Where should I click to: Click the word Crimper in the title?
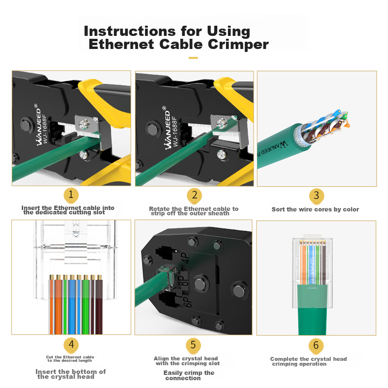pyautogui.click(x=238, y=45)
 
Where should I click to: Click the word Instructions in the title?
pyautogui.click(x=129, y=31)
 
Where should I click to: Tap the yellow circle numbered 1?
pyautogui.click(x=71, y=195)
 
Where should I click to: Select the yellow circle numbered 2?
pyautogui.click(x=194, y=195)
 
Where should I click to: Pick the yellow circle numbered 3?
pyautogui.click(x=317, y=196)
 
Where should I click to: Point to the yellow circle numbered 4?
pyautogui.click(x=71, y=345)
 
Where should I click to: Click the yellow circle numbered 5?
pyautogui.click(x=193, y=345)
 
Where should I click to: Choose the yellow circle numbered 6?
pyautogui.click(x=316, y=345)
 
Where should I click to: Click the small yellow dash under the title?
pyautogui.click(x=193, y=58)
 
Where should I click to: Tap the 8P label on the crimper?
pyautogui.click(x=185, y=280)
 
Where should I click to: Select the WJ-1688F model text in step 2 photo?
pyautogui.click(x=175, y=131)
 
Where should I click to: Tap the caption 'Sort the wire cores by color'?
pyautogui.click(x=315, y=210)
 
